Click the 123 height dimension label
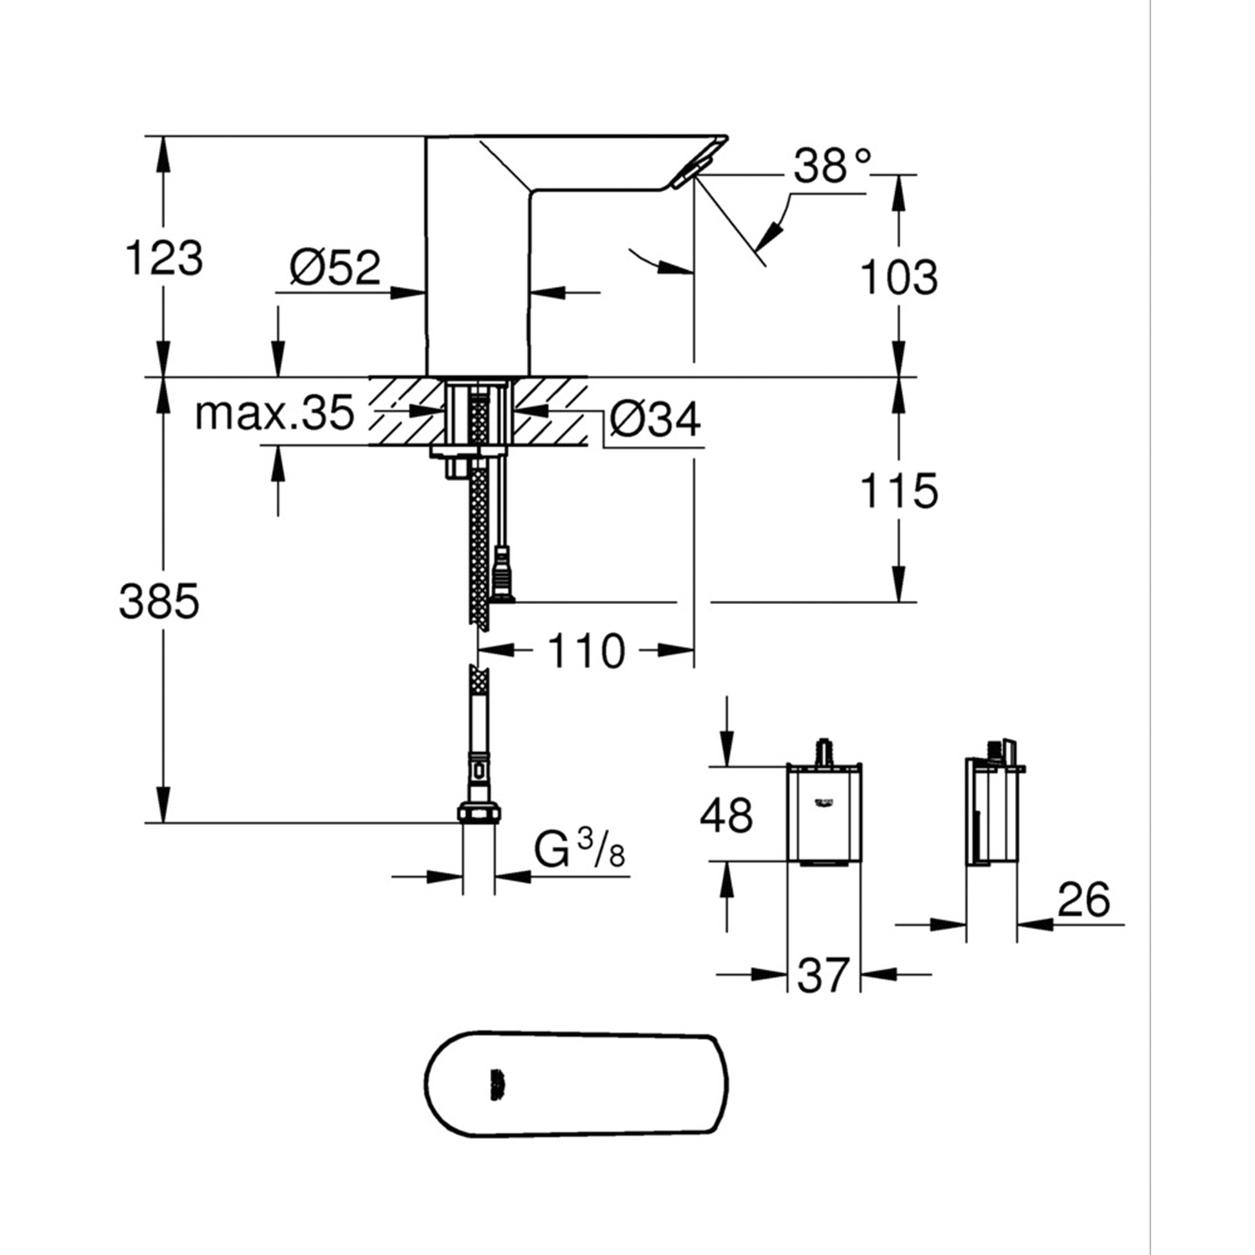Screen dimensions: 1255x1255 point(164,258)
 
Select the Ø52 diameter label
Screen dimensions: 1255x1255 point(335,268)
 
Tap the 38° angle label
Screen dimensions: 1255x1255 point(832,166)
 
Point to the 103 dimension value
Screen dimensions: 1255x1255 point(899,277)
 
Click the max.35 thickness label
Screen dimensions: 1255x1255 point(274,413)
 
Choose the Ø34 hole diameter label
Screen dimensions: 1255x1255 point(655,418)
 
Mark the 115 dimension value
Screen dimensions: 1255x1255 point(899,490)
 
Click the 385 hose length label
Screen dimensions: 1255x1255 point(159,601)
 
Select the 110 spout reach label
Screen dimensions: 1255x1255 point(586,650)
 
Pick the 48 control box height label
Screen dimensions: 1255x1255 point(726,815)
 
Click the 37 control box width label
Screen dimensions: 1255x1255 point(823,976)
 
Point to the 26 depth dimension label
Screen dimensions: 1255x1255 point(1083,900)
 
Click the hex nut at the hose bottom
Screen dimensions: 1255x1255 point(479,812)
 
